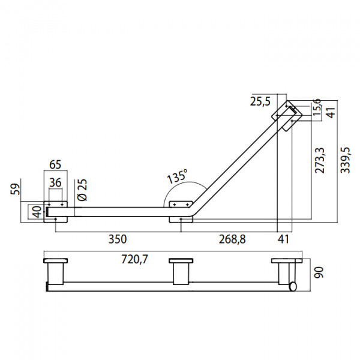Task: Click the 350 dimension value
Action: (118, 239)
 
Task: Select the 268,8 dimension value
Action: (232, 239)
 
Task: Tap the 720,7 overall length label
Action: (134, 259)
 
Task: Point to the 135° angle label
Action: (177, 176)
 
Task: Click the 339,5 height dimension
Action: (345, 160)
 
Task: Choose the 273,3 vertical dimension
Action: (320, 160)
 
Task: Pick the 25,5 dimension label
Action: (260, 101)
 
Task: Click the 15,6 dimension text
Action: (317, 107)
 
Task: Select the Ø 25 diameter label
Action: (83, 190)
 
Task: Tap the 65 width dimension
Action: (55, 164)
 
